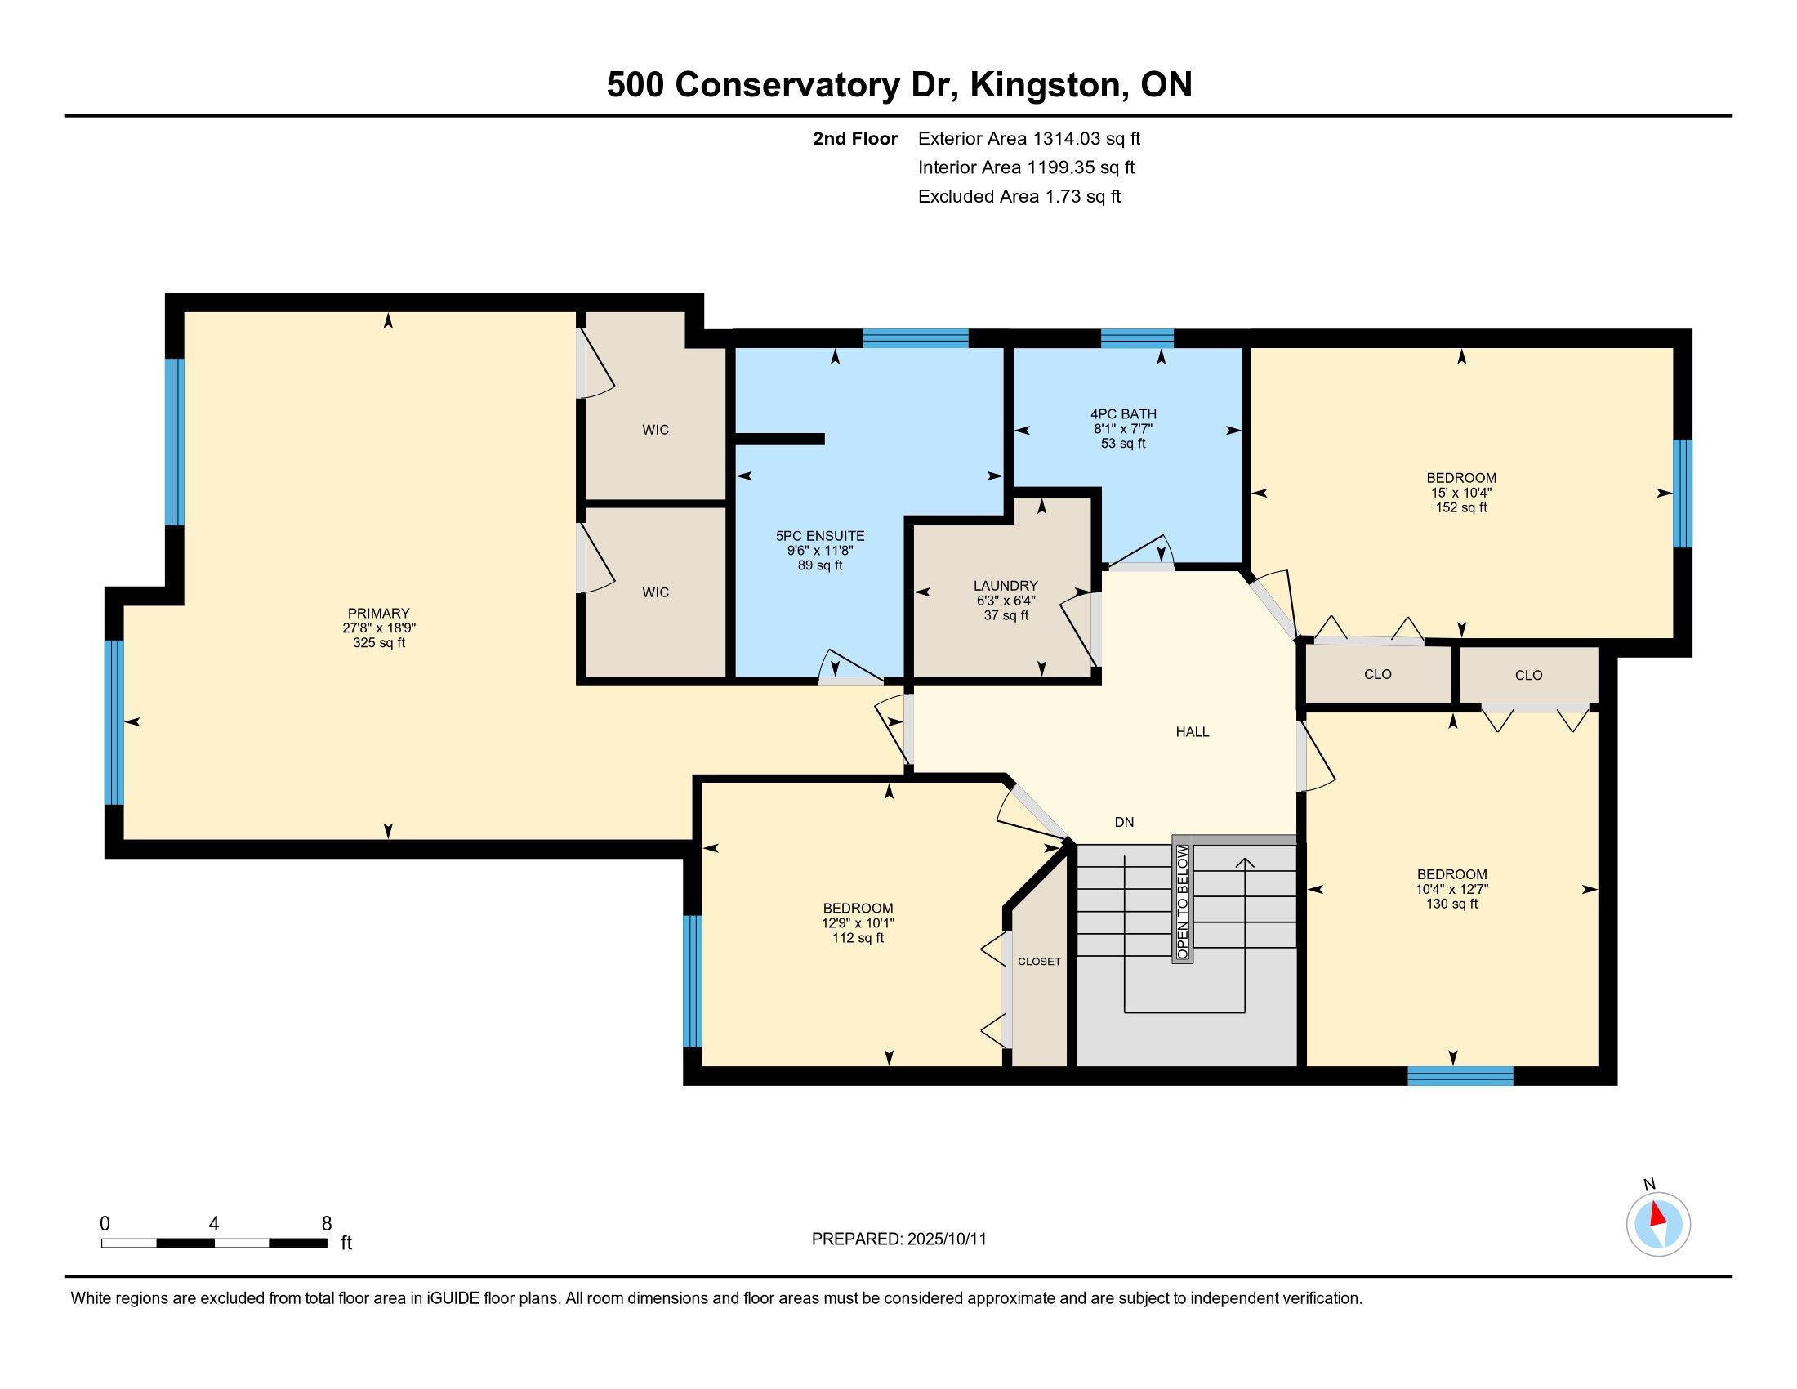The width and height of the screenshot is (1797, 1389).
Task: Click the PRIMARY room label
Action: [x=378, y=613]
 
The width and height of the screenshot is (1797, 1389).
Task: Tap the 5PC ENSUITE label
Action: [x=820, y=536]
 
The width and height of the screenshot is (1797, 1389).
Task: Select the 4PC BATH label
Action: [x=1123, y=414]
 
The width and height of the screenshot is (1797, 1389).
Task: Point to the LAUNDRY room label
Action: [x=1006, y=586]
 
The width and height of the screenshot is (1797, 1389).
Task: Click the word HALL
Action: [x=1193, y=731]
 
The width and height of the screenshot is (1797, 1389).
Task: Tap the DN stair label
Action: [x=1124, y=822]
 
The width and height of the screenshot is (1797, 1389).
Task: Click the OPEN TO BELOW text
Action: [x=1183, y=902]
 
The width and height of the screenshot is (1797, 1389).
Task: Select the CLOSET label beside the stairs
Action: [x=1039, y=961]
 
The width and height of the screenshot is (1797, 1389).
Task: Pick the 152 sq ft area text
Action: [x=1461, y=507]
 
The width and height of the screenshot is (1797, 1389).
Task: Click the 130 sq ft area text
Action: [x=1452, y=904]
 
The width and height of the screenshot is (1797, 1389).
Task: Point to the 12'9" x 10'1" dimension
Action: [x=858, y=923]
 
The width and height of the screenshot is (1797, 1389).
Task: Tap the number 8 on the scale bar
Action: [x=327, y=1223]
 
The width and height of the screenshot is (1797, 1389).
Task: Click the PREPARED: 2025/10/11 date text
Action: [x=898, y=1239]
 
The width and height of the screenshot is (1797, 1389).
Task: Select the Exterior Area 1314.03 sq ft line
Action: [x=1029, y=138]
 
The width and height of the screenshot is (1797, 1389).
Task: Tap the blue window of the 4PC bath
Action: [x=1137, y=338]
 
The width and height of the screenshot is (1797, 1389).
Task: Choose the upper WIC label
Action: [x=656, y=430]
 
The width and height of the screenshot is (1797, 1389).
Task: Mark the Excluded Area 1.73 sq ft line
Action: [x=1019, y=196]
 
